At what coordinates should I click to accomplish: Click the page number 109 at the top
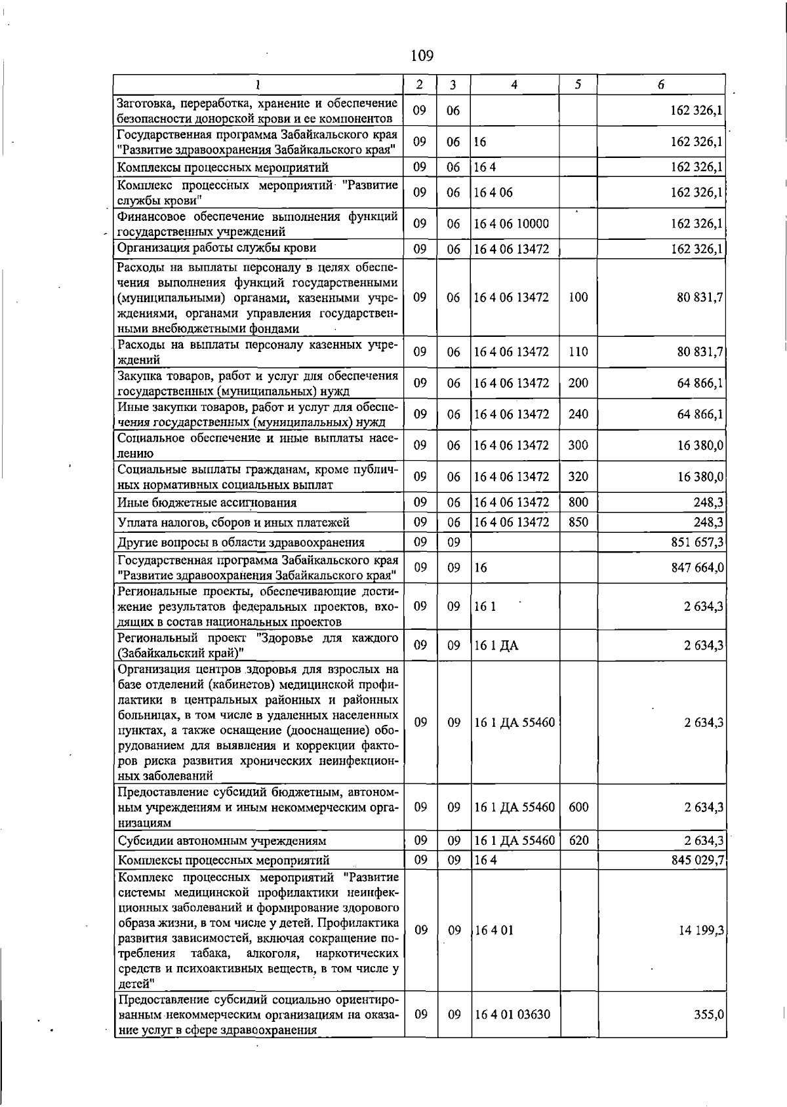pyautogui.click(x=422, y=56)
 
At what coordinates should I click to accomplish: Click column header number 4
pyautogui.click(x=514, y=85)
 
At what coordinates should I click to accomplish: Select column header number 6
pyautogui.click(x=661, y=85)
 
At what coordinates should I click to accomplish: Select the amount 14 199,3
pyautogui.click(x=700, y=930)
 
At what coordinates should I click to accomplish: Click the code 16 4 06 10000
pyautogui.click(x=512, y=224)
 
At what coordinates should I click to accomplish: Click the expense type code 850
pyautogui.click(x=578, y=522)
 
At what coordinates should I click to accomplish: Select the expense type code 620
pyautogui.click(x=578, y=840)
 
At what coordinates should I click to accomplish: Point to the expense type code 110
pyautogui.click(x=578, y=352)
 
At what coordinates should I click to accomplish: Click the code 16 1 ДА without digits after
pyautogui.click(x=496, y=646)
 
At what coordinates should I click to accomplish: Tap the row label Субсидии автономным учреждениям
pyautogui.click(x=222, y=841)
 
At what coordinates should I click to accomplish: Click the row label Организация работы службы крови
pyautogui.click(x=216, y=248)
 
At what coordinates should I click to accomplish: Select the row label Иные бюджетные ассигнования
pyautogui.click(x=207, y=503)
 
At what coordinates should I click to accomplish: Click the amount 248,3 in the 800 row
pyautogui.click(x=708, y=503)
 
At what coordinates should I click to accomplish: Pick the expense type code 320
pyautogui.click(x=578, y=477)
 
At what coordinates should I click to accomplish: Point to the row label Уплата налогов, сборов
pyautogui.click(x=233, y=522)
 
